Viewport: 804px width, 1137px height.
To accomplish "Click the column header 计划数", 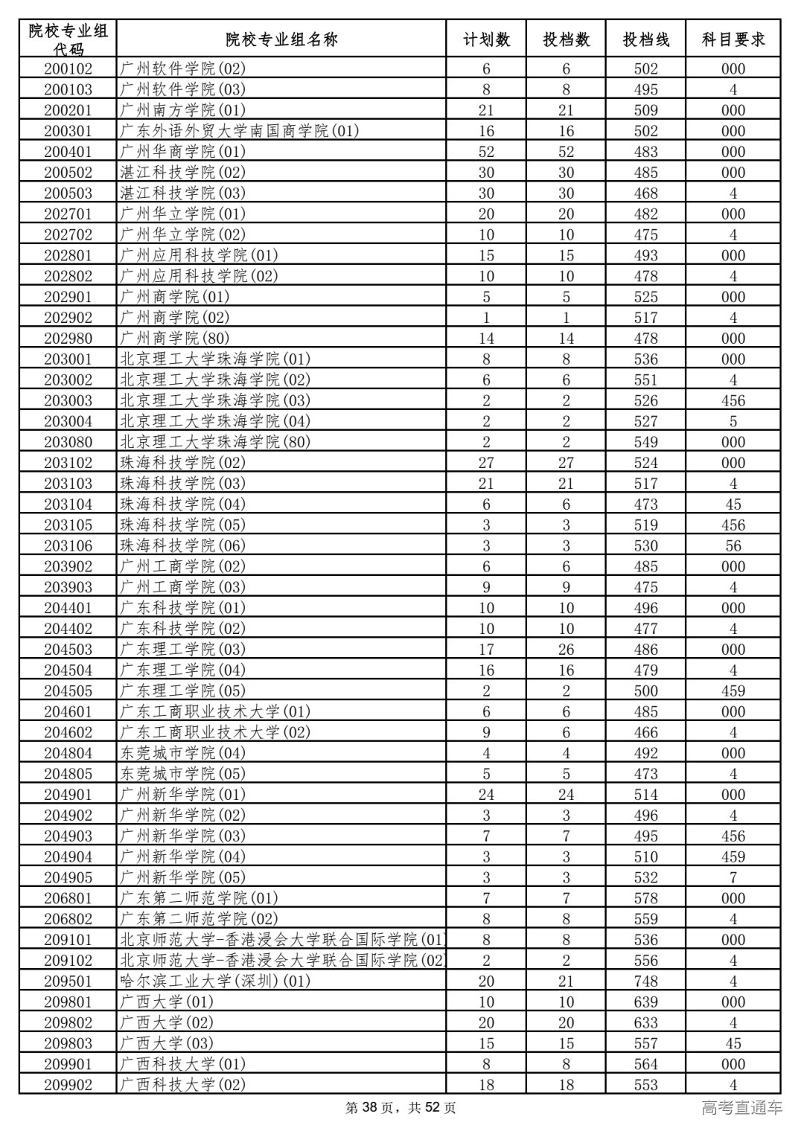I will (486, 39).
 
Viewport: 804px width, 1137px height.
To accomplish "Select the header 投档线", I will (645, 39).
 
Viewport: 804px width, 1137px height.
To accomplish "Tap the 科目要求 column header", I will (733, 39).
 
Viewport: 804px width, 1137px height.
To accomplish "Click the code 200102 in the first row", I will (68, 69).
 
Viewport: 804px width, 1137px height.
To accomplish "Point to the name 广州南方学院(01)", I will (182, 110).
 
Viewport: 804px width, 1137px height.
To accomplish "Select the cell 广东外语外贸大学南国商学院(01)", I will (239, 131).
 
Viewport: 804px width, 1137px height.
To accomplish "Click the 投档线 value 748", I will (645, 981).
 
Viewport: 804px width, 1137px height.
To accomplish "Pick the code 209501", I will (68, 981).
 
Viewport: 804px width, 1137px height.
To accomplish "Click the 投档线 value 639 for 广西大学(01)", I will (645, 1002).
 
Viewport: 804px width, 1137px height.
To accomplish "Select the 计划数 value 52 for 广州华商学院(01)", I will (486, 152).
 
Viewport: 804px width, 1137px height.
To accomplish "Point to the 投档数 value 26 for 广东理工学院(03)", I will (566, 650).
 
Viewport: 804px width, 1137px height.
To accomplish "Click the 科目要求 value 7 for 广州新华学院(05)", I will (733, 878).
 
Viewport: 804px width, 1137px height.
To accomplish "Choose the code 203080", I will (68, 442).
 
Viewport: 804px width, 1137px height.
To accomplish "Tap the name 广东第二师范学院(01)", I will (199, 898).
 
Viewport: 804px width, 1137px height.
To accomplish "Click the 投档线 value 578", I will (645, 898).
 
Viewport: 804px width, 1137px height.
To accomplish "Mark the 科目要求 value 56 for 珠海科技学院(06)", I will (733, 545).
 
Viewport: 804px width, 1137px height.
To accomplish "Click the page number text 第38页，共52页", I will (401, 1108).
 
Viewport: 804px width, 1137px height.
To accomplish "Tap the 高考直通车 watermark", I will (741, 1108).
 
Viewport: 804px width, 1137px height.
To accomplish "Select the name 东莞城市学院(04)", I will (182, 753).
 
